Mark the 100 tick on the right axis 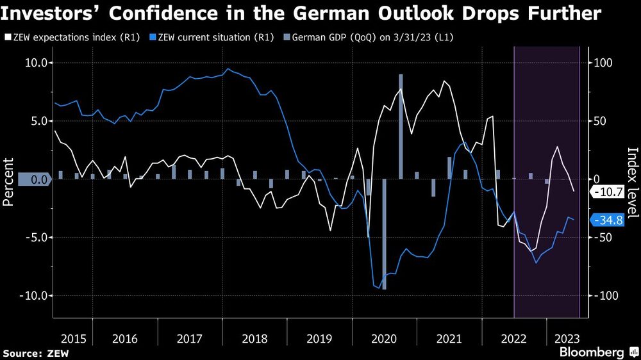click(x=603, y=63)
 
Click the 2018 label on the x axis click(x=255, y=338)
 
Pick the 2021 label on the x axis click(x=449, y=338)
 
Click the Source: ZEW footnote click(x=36, y=353)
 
